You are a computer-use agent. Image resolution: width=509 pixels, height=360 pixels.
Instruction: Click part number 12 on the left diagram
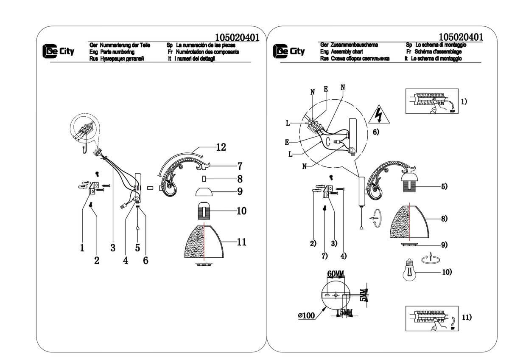pyautogui.click(x=221, y=148)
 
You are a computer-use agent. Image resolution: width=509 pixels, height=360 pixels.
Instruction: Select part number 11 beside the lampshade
pyautogui.click(x=241, y=242)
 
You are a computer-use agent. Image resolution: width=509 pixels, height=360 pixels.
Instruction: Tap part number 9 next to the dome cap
pyautogui.click(x=240, y=192)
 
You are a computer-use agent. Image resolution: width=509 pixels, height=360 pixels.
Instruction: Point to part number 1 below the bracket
pyautogui.click(x=82, y=248)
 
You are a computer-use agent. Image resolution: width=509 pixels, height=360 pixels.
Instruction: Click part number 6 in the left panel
pyautogui.click(x=145, y=260)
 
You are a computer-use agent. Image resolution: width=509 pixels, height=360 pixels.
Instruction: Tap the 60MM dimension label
pyautogui.click(x=336, y=274)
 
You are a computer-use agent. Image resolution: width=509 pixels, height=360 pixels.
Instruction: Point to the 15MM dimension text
pyautogui.click(x=344, y=313)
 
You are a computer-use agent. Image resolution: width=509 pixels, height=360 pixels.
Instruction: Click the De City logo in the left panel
pyautogui.click(x=58, y=52)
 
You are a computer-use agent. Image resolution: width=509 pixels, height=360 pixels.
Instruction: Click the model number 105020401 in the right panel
pyautogui.click(x=461, y=37)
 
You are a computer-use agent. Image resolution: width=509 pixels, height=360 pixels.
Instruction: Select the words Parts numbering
pyautogui.click(x=117, y=52)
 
